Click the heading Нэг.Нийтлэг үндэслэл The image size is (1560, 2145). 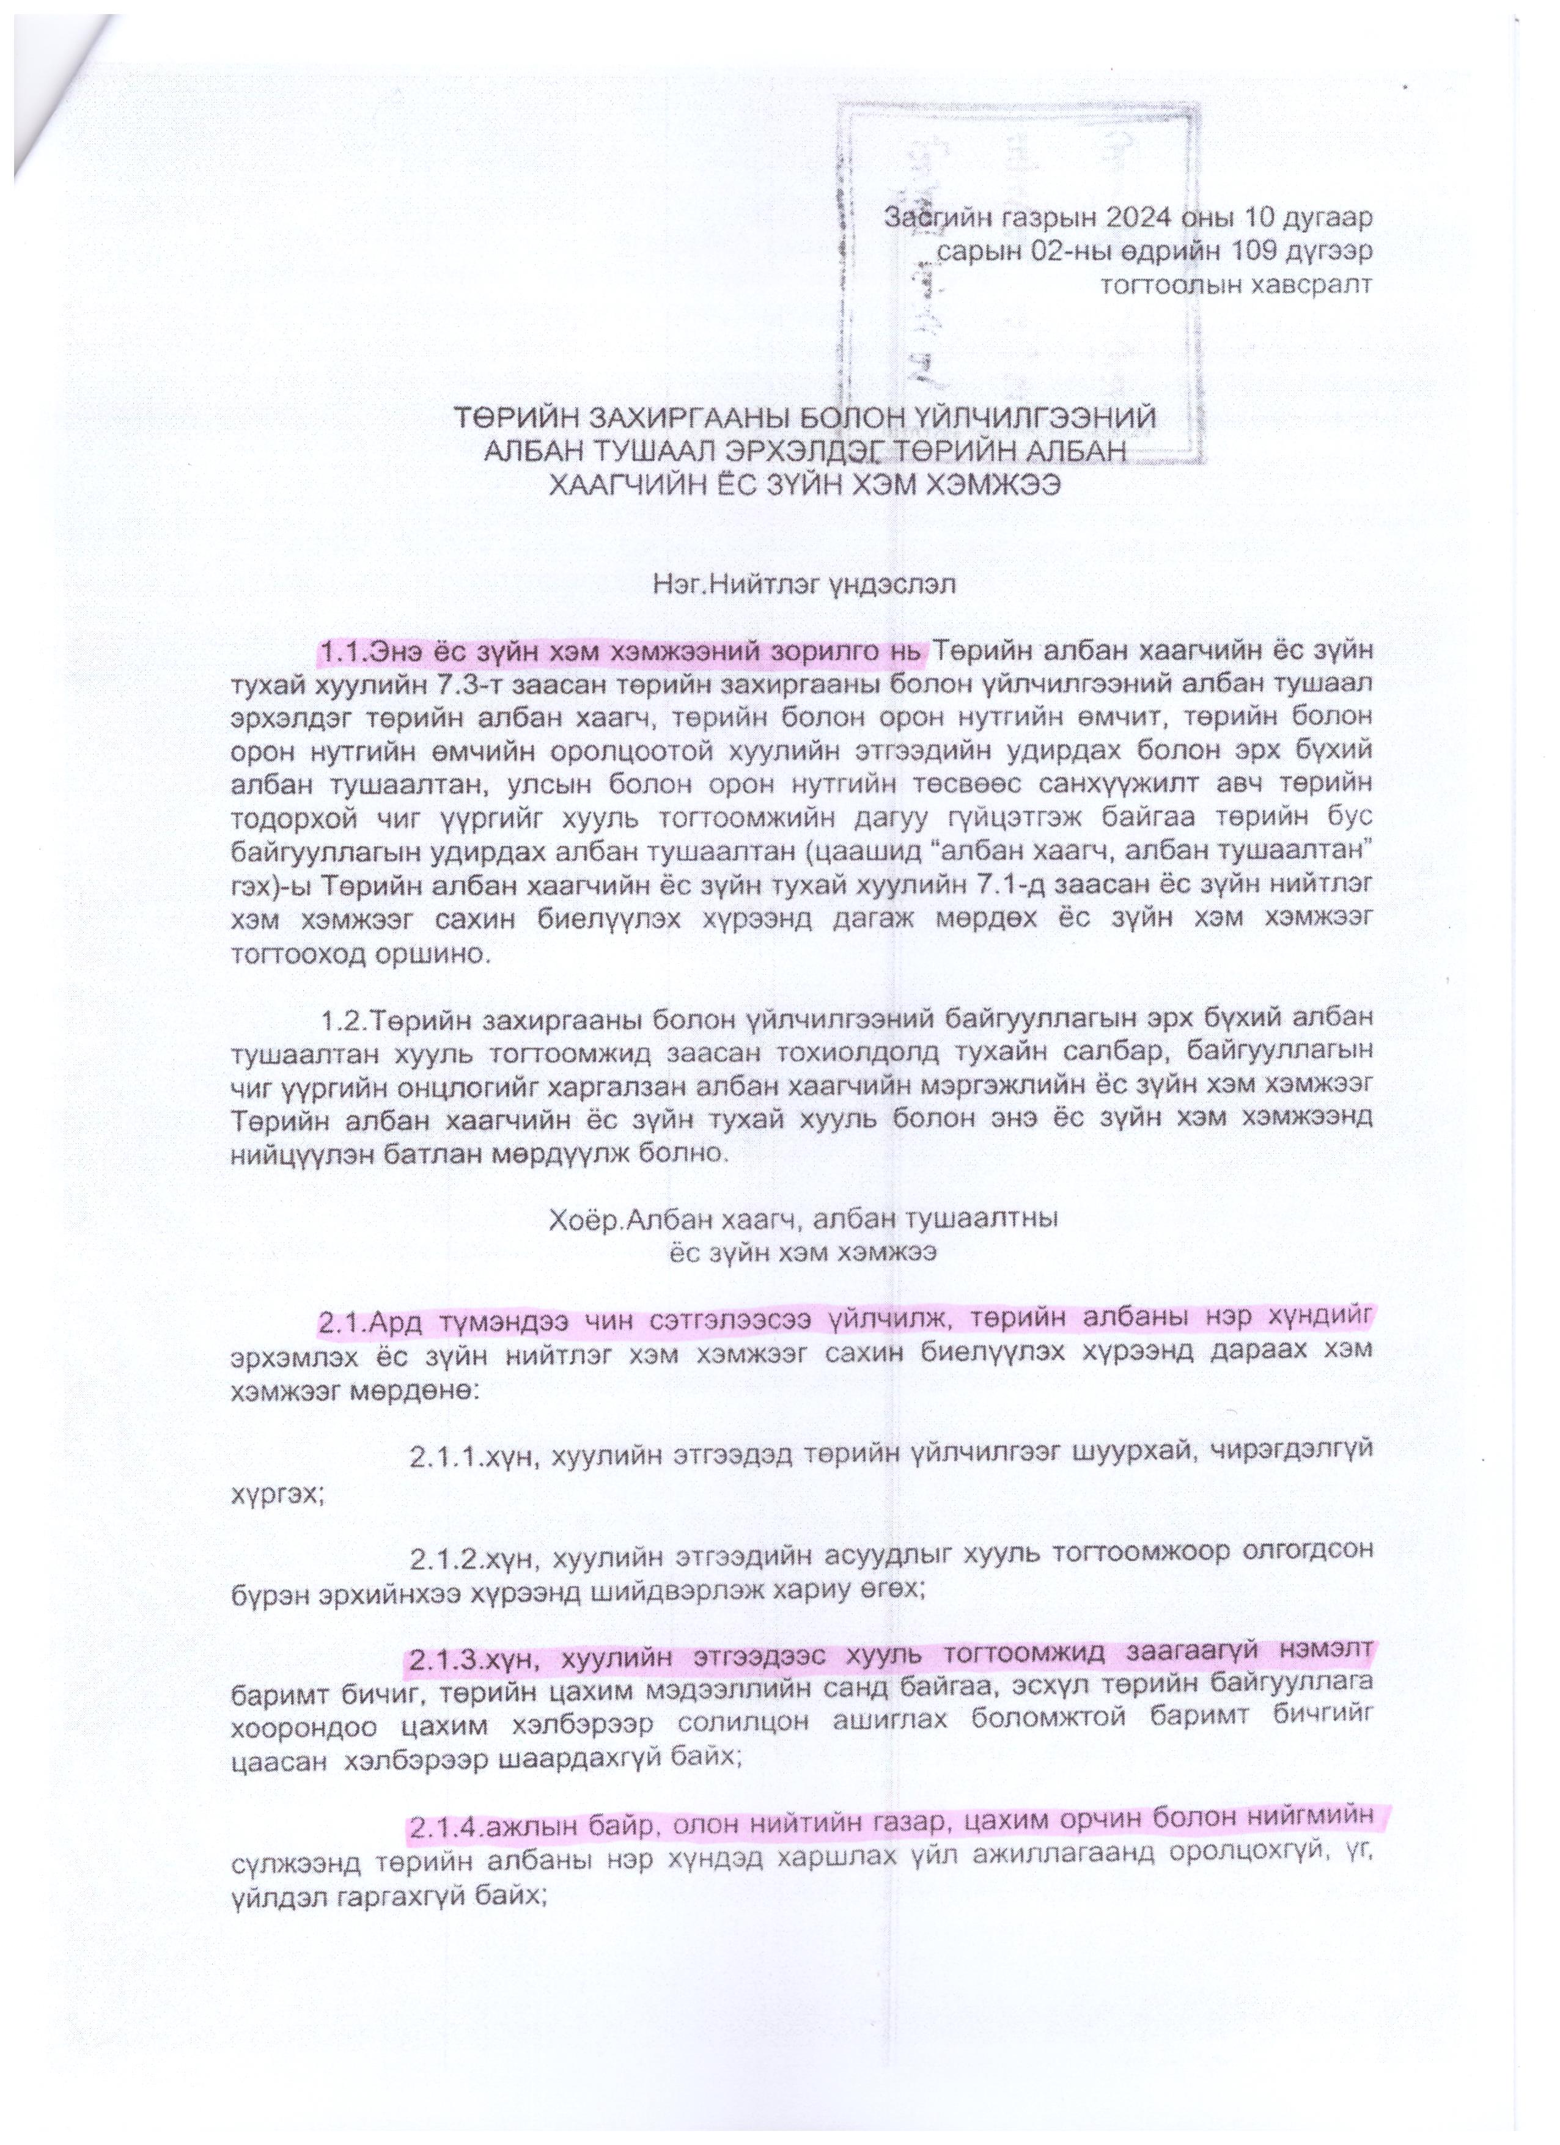coord(803,584)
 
